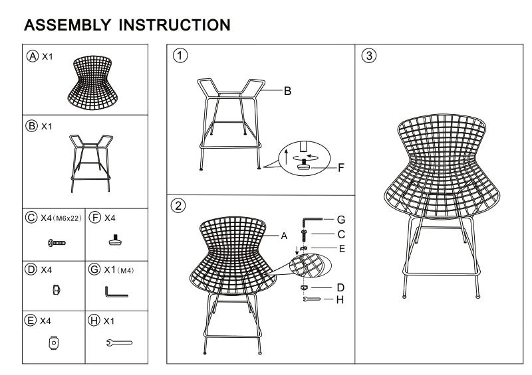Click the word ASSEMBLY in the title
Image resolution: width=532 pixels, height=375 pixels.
click(68, 25)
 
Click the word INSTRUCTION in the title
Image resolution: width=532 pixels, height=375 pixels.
click(175, 25)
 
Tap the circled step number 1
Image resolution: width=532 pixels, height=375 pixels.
click(180, 56)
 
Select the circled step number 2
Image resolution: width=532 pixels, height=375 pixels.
click(178, 206)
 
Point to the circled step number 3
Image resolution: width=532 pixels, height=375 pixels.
click(369, 56)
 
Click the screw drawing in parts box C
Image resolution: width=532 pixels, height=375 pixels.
click(57, 242)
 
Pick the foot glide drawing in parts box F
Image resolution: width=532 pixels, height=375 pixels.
click(116, 240)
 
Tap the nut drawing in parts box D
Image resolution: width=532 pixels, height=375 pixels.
click(57, 289)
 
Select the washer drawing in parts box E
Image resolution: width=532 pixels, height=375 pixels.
click(54, 343)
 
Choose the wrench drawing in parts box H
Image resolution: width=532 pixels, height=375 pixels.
click(119, 343)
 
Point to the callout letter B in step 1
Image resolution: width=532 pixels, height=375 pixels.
click(287, 91)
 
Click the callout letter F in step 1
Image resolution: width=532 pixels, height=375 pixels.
click(341, 167)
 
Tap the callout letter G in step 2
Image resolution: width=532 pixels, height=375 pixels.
click(341, 220)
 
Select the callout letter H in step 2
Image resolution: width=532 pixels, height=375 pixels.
click(340, 299)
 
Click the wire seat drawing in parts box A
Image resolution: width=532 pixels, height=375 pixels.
click(93, 83)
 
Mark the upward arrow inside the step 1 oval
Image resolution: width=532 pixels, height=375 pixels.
click(286, 157)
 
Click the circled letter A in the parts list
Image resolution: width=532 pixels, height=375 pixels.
click(33, 56)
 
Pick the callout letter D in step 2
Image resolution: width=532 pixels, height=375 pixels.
click(340, 287)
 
